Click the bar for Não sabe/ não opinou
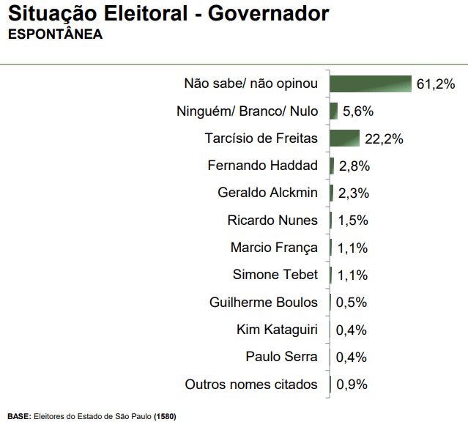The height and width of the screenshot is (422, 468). pyautogui.click(x=371, y=84)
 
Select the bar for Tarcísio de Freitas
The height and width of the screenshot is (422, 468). pyautogui.click(x=344, y=138)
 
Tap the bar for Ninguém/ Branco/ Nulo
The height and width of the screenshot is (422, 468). pyautogui.click(x=333, y=111)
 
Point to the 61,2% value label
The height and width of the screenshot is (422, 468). pyautogui.click(x=436, y=84)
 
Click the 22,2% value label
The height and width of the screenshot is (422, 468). pyautogui.click(x=385, y=138)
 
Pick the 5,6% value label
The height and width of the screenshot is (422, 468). pyautogui.click(x=358, y=111)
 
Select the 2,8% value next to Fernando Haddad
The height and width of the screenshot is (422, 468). pyautogui.click(x=354, y=166)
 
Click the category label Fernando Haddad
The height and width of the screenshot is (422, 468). pyautogui.click(x=263, y=166)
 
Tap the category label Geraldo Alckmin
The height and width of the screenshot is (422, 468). pyautogui.click(x=268, y=193)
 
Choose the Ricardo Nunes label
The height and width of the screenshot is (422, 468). pyautogui.click(x=272, y=221)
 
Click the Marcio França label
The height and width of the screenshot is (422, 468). pyautogui.click(x=274, y=248)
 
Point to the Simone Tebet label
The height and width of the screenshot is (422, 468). pyautogui.click(x=275, y=275)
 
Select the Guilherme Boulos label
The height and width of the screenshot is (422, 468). pyautogui.click(x=264, y=302)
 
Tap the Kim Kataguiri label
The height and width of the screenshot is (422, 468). pyautogui.click(x=277, y=330)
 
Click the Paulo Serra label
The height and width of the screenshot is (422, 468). pyautogui.click(x=282, y=357)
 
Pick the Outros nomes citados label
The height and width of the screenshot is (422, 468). pyautogui.click(x=251, y=384)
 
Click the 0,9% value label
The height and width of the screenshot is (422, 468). pyautogui.click(x=352, y=385)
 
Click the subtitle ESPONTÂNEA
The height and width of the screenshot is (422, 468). pyautogui.click(x=55, y=34)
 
